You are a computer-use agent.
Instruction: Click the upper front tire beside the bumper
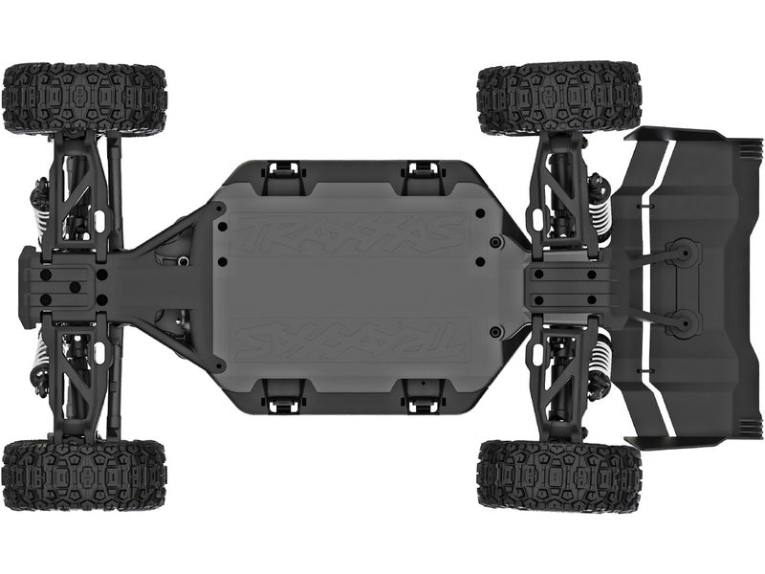84,99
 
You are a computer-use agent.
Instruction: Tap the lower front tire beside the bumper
84,475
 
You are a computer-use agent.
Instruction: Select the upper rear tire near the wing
558,99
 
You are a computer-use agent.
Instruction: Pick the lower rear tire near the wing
558,475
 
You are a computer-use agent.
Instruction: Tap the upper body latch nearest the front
282,171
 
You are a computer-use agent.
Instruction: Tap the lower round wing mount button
685,322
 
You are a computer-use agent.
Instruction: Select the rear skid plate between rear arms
569,286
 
